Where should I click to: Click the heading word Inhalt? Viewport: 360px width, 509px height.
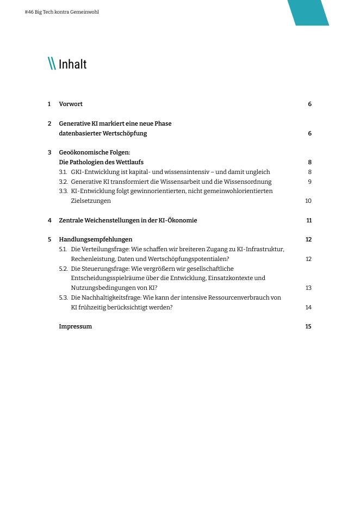click(72, 64)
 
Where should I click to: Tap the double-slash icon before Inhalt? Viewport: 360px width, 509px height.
click(52, 64)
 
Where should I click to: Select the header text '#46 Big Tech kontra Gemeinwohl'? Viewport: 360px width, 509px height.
click(61, 12)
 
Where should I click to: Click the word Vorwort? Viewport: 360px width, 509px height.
click(71, 104)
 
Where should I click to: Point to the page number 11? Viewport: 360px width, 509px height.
click(309, 221)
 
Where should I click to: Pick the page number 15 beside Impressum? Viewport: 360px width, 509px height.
click(308, 327)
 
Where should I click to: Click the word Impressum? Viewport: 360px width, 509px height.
click(75, 327)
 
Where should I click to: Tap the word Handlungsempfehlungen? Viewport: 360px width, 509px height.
click(95, 240)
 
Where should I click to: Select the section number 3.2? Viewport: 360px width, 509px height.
click(63, 182)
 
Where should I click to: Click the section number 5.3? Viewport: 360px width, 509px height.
click(63, 298)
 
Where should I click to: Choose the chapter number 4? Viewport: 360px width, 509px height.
click(49, 221)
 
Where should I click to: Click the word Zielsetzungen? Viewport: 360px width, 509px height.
click(90, 201)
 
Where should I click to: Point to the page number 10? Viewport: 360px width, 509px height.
click(308, 201)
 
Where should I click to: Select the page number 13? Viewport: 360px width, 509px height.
click(308, 288)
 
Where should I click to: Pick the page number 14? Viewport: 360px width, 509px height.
click(308, 308)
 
